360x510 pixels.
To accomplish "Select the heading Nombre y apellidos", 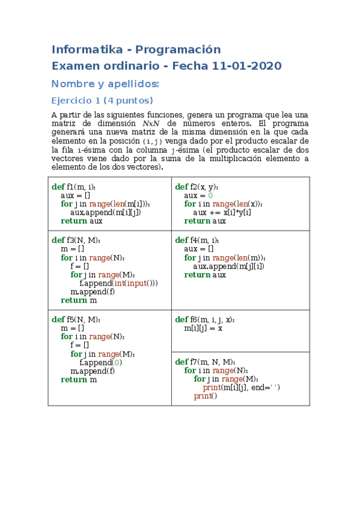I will click(105, 84).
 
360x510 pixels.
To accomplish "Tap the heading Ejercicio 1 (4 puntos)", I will click(102, 100).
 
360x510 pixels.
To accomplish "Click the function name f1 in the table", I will click(70, 187).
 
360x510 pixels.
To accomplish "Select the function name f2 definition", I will click(194, 187).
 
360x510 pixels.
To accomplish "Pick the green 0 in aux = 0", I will click(210, 195).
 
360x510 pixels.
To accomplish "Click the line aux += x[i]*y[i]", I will click(222, 212).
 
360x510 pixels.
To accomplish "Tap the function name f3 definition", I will click(70, 241).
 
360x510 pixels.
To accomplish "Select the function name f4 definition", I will click(194, 241).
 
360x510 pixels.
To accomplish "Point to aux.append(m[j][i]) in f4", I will click(228, 266).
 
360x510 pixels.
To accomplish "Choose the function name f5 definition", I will click(70, 319).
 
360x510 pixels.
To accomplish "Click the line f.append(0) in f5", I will click(101, 363).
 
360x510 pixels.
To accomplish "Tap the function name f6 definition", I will click(194, 319).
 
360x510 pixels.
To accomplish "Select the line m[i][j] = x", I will click(204, 328).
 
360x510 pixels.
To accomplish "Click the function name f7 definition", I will click(194, 362).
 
